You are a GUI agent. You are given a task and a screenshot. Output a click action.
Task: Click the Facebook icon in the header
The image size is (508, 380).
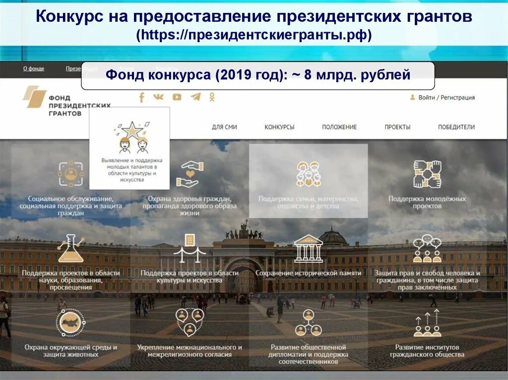141,97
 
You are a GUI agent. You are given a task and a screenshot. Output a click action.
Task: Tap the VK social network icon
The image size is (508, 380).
159,97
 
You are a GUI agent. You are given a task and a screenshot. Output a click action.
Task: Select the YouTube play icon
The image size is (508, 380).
177,97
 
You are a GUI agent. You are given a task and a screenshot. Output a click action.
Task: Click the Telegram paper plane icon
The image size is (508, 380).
195,97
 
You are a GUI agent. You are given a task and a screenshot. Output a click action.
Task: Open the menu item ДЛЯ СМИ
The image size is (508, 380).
224,127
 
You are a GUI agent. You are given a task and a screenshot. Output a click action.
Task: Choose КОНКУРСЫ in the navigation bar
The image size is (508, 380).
279,127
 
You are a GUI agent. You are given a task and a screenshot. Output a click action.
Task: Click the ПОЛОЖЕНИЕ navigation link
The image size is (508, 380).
339,127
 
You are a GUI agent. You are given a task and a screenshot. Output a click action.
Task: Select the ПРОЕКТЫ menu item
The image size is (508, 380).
397,127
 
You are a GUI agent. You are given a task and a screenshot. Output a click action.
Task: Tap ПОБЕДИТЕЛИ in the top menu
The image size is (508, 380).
456,127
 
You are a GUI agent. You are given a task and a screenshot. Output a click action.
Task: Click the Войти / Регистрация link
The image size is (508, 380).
446,98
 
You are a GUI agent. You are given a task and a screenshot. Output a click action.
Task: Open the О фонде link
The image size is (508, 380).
34,68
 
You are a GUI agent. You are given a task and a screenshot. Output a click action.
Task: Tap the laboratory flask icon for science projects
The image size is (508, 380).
70,249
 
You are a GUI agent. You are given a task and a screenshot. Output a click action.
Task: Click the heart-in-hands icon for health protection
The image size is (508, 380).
190,174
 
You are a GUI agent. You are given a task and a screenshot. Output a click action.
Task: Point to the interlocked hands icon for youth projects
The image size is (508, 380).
427,174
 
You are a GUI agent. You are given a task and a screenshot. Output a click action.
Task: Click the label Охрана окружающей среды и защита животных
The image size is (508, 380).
71,351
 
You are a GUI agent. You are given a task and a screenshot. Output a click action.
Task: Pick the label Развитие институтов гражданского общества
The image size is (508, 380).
427,351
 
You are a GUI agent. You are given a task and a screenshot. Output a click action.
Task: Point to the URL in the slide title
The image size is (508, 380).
254,36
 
